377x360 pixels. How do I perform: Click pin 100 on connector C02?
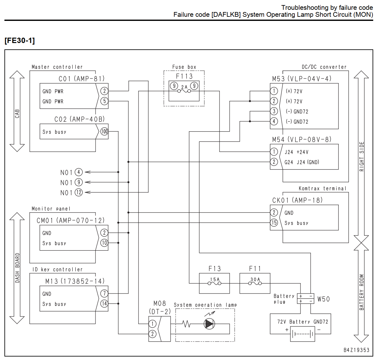[x=104, y=132]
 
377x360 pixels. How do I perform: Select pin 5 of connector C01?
[x=104, y=101]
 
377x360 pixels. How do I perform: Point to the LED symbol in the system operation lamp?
[x=209, y=324]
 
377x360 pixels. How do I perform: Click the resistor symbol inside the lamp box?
[x=186, y=324]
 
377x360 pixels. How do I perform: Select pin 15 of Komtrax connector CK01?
[x=274, y=223]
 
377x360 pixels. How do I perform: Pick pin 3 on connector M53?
[x=274, y=111]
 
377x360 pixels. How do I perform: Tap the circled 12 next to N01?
[x=79, y=192]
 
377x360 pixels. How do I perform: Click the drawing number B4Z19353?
[x=356, y=350]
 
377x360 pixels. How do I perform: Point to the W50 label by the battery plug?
[x=323, y=299]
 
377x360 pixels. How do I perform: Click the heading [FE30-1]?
[x=20, y=40]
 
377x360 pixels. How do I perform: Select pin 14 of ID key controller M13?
[x=104, y=303]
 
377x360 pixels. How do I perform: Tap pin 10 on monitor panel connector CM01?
[x=104, y=243]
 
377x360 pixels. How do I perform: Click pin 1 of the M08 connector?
[x=152, y=324]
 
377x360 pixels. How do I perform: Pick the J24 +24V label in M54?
[x=296, y=152]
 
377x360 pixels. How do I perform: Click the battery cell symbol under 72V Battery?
[x=302, y=334]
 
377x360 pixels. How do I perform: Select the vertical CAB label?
[x=17, y=114]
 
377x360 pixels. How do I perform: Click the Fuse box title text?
[x=184, y=67]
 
